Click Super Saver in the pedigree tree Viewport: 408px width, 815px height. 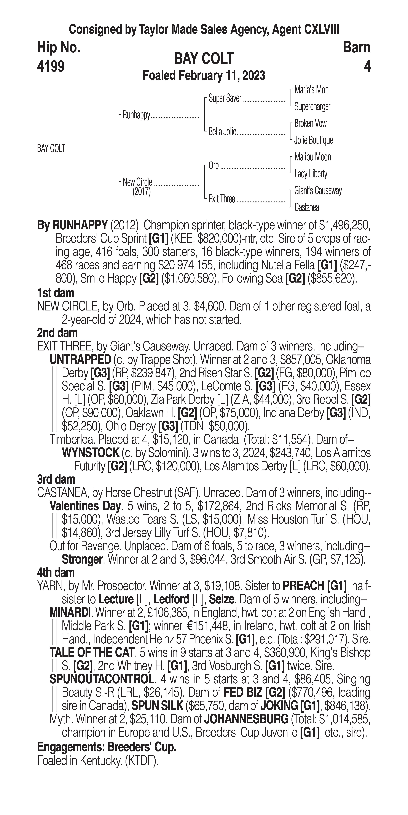pyautogui.click(x=225, y=98)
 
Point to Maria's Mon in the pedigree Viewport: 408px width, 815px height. pyautogui.click(x=311, y=90)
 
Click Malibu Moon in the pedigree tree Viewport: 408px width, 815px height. pyautogui.click(x=312, y=157)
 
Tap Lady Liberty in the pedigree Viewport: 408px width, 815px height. pyautogui.click(x=311, y=174)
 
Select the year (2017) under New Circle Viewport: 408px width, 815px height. pyautogui.click(x=141, y=192)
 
